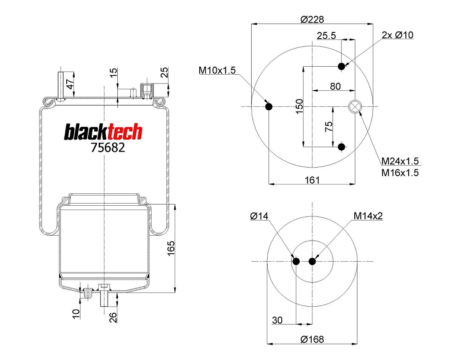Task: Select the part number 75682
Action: pos(108,148)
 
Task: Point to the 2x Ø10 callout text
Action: pos(397,35)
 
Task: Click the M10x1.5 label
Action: pos(216,70)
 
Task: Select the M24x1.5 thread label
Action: pos(400,161)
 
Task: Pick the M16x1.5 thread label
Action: pos(400,172)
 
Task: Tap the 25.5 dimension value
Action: pos(327,36)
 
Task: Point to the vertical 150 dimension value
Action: pos(299,106)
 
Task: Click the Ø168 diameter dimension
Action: pos(312,339)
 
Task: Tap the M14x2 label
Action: pos(368,216)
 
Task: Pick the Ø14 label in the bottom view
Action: pos(260,216)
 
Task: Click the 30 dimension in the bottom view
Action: pos(277,320)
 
